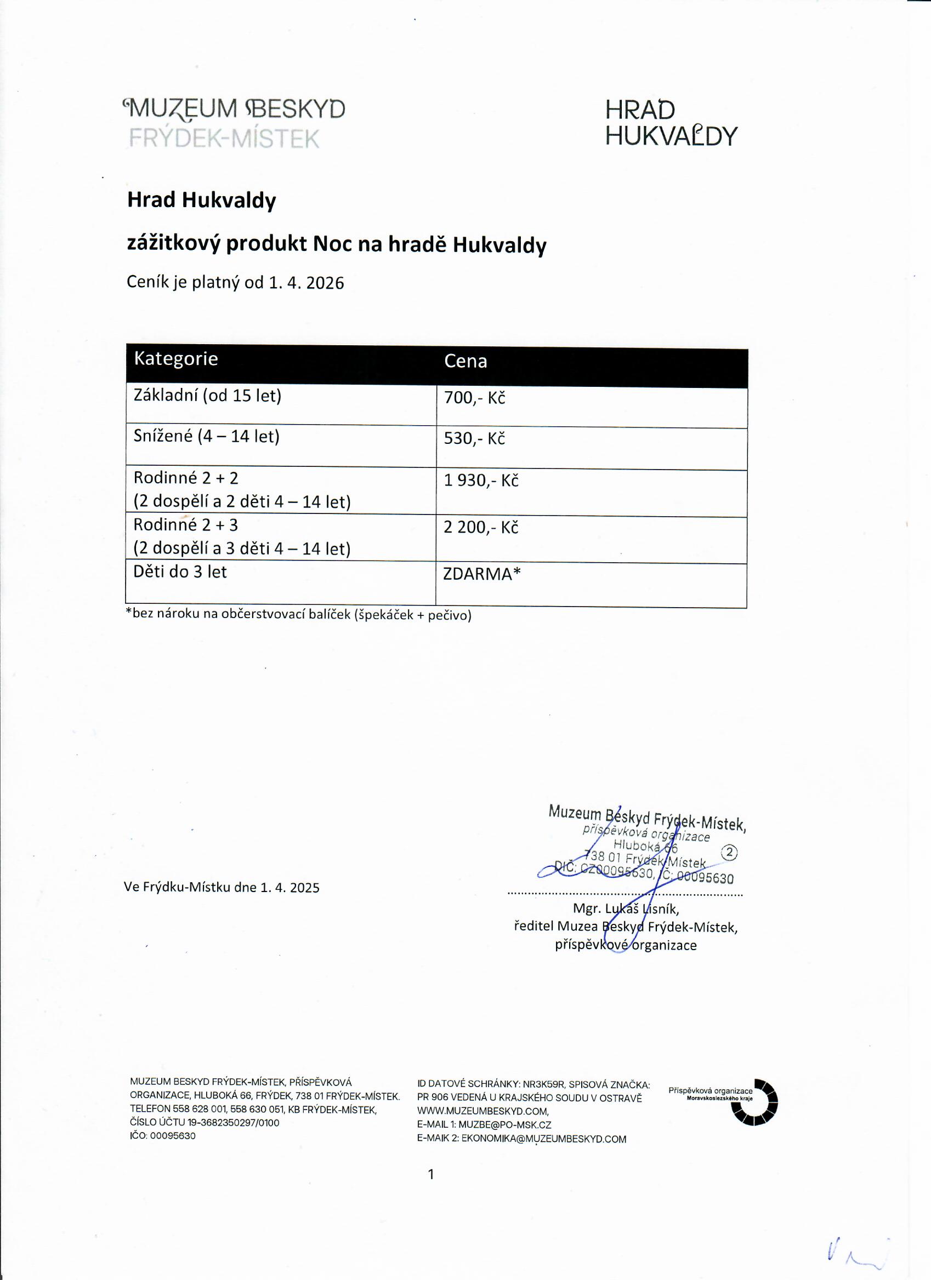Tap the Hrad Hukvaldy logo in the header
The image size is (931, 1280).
point(671,123)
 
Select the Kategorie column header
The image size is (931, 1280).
point(175,359)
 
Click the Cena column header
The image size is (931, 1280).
point(465,361)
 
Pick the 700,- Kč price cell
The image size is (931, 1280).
point(474,398)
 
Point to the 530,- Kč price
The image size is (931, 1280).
point(474,438)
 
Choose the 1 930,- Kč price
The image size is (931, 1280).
point(480,481)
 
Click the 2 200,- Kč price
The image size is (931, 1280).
point(480,527)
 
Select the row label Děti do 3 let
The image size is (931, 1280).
point(179,572)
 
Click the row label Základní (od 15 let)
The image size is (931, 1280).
point(207,395)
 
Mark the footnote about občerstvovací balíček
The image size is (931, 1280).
point(298,615)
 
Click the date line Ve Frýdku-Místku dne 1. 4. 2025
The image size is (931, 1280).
point(222,887)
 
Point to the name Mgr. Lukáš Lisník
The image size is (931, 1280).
point(626,908)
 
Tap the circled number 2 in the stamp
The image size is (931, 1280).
point(729,852)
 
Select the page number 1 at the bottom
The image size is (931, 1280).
point(431,1174)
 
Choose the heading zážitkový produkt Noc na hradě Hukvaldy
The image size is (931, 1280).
point(337,244)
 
